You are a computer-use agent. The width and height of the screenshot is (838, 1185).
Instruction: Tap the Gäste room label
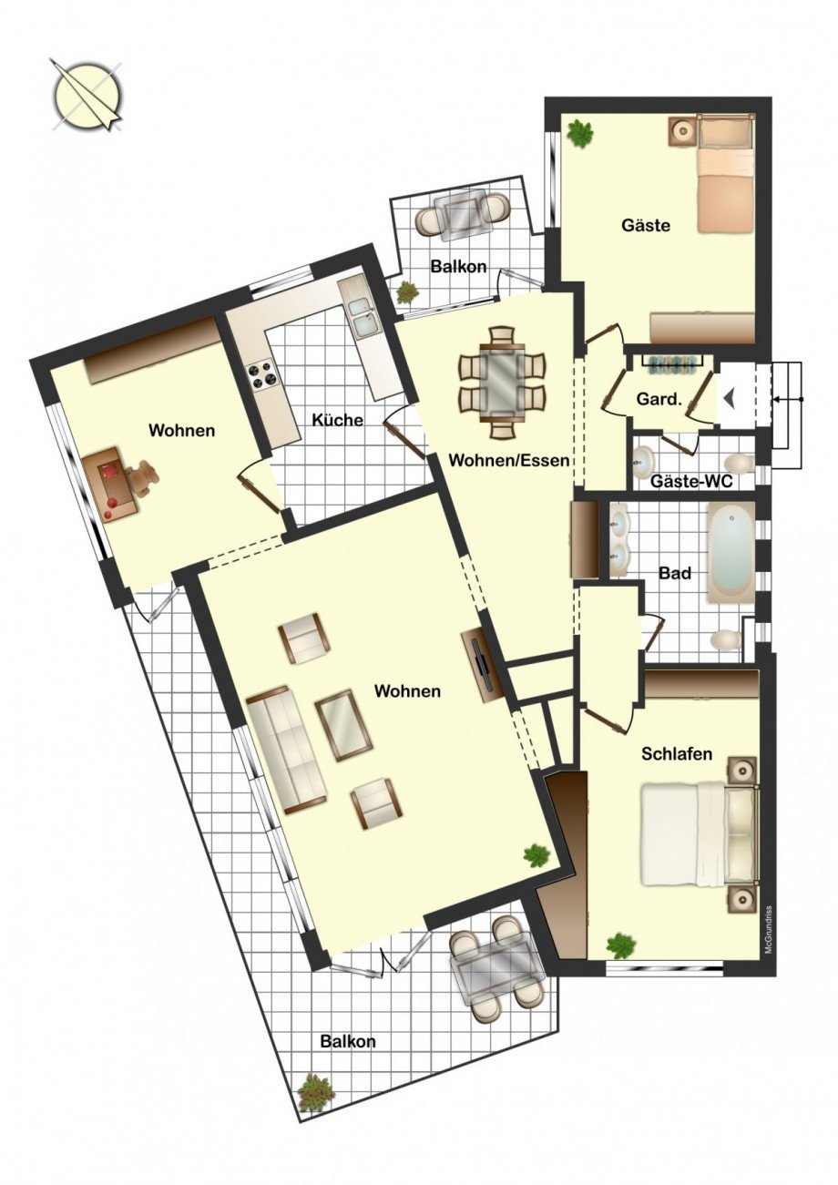[646, 226]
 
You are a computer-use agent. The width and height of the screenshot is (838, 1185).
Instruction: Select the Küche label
[338, 420]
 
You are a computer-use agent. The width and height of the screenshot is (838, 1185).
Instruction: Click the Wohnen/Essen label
[509, 461]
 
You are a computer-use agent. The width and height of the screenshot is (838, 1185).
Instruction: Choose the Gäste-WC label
[691, 482]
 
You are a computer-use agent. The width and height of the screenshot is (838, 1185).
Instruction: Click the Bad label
[676, 573]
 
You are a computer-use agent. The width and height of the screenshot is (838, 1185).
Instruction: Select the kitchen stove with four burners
[261, 373]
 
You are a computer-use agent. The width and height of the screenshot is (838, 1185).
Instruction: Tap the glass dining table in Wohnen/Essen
[503, 383]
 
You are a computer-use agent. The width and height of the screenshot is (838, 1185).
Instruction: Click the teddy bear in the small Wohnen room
[143, 476]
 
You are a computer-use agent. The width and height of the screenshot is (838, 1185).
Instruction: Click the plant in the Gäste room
[579, 133]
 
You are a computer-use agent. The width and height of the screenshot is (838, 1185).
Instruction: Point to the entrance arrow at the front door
[729, 397]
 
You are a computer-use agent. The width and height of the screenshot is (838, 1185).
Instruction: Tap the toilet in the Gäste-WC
[740, 462]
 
